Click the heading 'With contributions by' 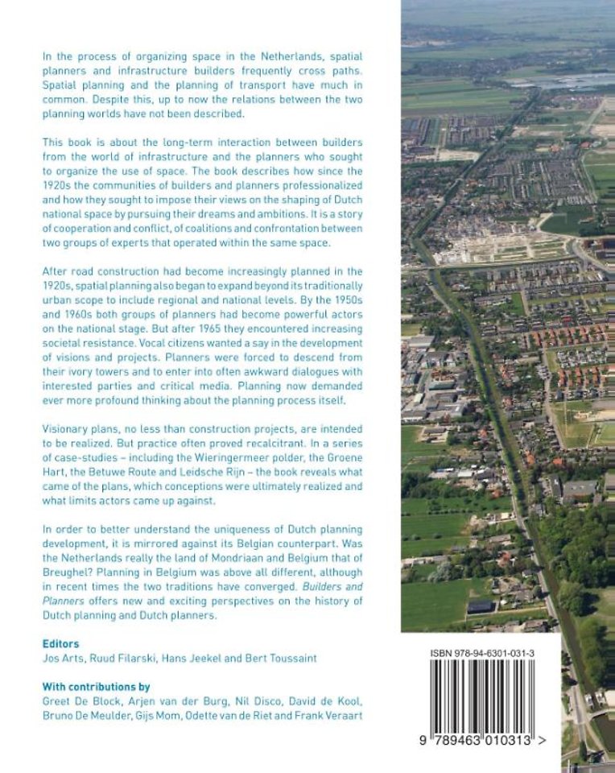tap(95, 687)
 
